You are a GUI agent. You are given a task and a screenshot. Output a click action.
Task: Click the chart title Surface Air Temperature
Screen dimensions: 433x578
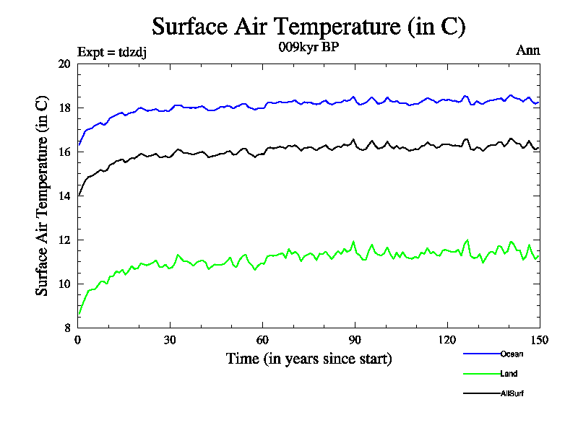point(309,27)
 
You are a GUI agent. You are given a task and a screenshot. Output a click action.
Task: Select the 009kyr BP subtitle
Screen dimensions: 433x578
point(309,48)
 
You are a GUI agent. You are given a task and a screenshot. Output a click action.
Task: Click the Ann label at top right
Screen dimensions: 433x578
point(527,51)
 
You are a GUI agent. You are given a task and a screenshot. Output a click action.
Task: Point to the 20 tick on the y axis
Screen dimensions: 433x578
point(64,64)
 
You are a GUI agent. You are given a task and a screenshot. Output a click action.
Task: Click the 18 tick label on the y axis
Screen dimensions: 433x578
point(64,108)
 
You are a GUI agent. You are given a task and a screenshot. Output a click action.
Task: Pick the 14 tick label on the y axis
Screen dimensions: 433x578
point(64,196)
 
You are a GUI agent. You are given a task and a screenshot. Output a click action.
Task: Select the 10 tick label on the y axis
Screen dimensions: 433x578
point(64,284)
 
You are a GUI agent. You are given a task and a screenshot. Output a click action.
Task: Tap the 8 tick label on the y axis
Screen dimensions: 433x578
point(67,328)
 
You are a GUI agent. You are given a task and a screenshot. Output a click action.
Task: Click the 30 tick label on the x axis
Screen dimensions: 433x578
point(171,341)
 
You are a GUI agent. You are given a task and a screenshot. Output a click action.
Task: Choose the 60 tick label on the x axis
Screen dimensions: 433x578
point(263,341)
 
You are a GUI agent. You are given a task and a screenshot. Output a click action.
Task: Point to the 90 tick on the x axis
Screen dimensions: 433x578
point(355,341)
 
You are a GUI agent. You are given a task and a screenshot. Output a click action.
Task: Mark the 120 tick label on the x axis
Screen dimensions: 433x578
point(447,341)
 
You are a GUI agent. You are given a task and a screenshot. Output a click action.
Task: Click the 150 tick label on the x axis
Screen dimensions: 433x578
point(539,341)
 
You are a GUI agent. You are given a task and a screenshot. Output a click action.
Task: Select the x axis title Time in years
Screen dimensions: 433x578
point(309,359)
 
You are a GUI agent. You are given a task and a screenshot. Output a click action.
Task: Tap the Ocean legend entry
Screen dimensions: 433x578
point(512,354)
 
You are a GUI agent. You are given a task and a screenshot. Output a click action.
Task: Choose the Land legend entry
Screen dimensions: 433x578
point(509,374)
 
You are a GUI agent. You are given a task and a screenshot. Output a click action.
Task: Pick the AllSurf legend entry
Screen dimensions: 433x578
point(512,394)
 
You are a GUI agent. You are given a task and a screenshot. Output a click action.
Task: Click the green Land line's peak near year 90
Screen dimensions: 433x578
point(353,242)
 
